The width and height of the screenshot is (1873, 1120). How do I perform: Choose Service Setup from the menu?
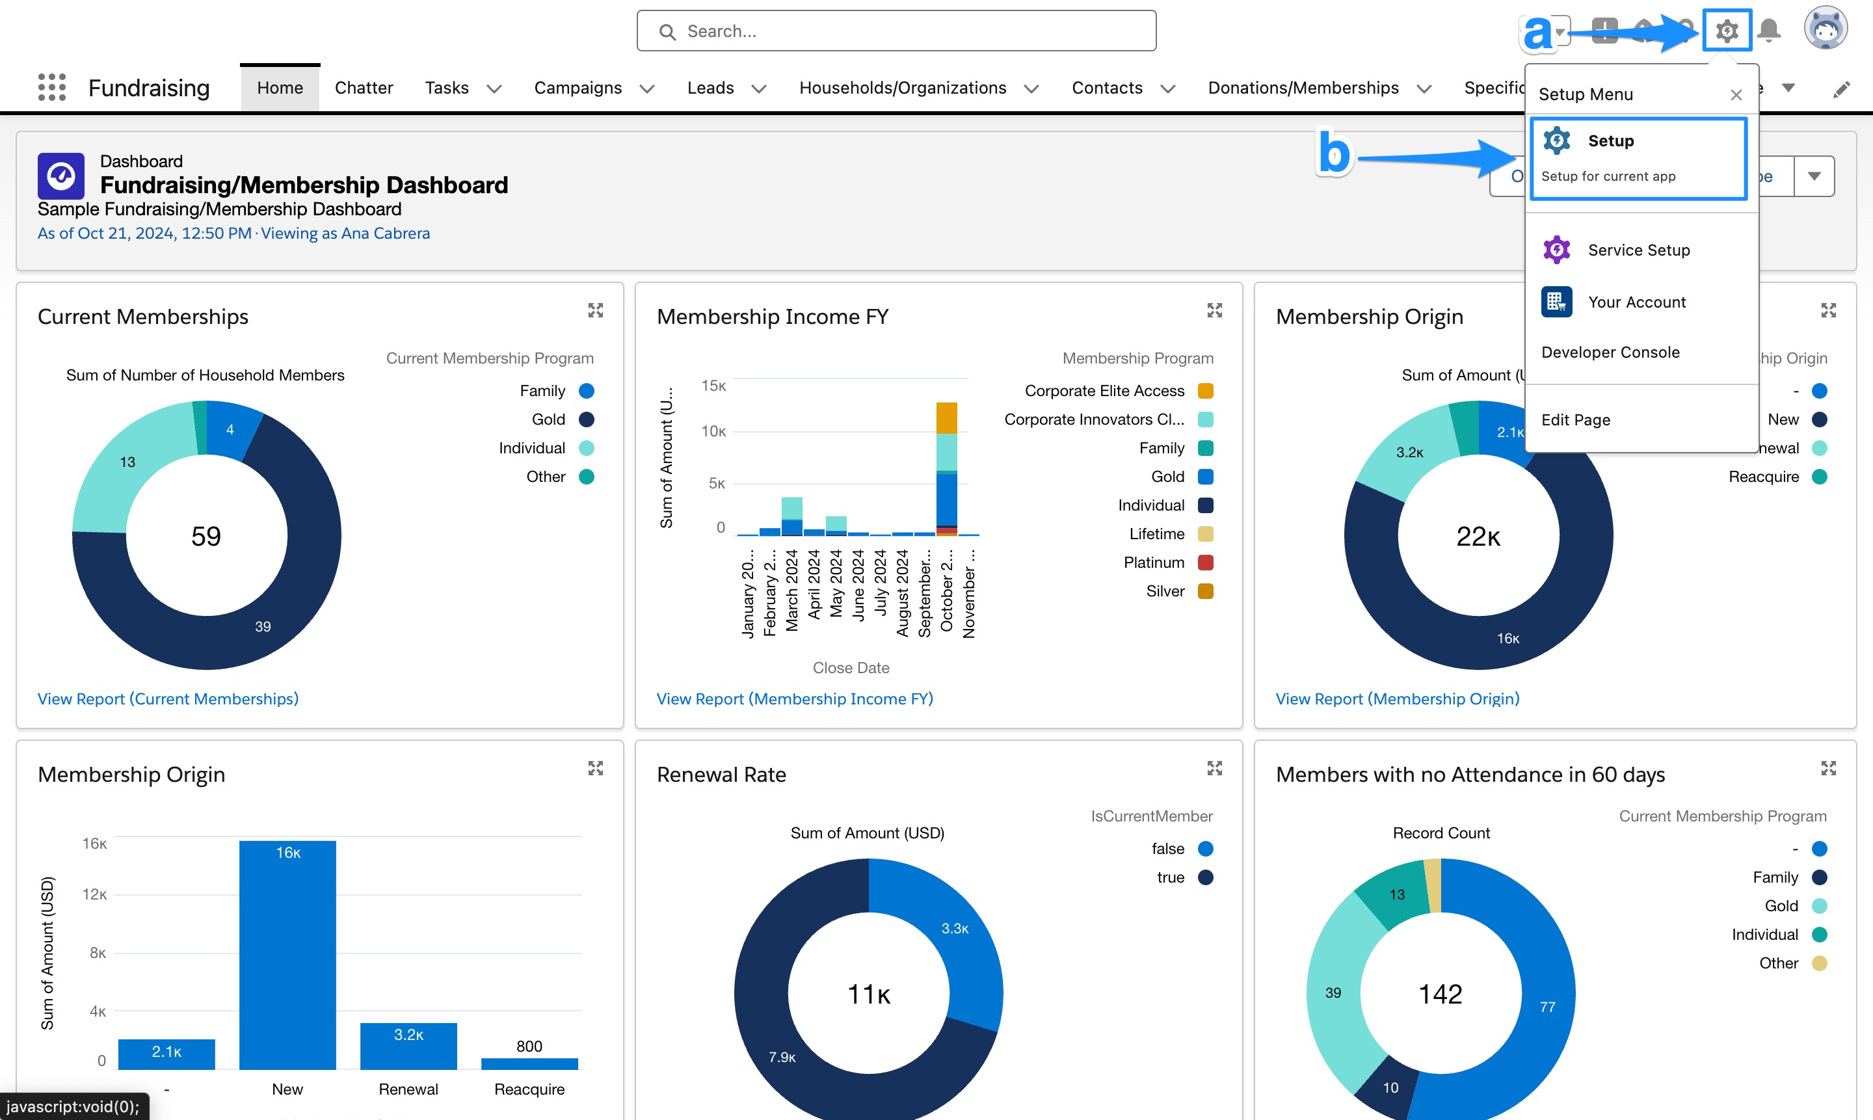click(x=1638, y=250)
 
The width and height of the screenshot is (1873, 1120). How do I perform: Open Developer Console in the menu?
click(x=1610, y=353)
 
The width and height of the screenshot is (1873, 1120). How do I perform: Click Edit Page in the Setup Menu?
click(x=1575, y=420)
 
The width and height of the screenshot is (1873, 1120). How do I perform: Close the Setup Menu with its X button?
click(x=1736, y=94)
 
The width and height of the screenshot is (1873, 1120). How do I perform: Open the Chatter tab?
click(x=363, y=88)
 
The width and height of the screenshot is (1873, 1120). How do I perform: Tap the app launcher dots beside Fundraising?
click(x=52, y=88)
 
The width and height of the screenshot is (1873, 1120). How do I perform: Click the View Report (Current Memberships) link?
click(x=168, y=699)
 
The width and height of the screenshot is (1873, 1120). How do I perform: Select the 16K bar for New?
click(x=287, y=954)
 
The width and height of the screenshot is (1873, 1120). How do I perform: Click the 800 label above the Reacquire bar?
click(x=529, y=1046)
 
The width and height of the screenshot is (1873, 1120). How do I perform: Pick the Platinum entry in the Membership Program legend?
click(x=1154, y=562)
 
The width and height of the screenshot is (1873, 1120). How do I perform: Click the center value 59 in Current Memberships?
click(x=206, y=536)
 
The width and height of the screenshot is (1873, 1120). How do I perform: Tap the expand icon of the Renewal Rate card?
click(x=1214, y=768)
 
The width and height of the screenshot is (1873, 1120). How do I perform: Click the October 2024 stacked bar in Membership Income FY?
click(x=946, y=468)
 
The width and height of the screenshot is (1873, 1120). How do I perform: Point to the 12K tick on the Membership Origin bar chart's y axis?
click(x=94, y=894)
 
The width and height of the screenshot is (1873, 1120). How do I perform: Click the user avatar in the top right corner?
click(x=1825, y=29)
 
